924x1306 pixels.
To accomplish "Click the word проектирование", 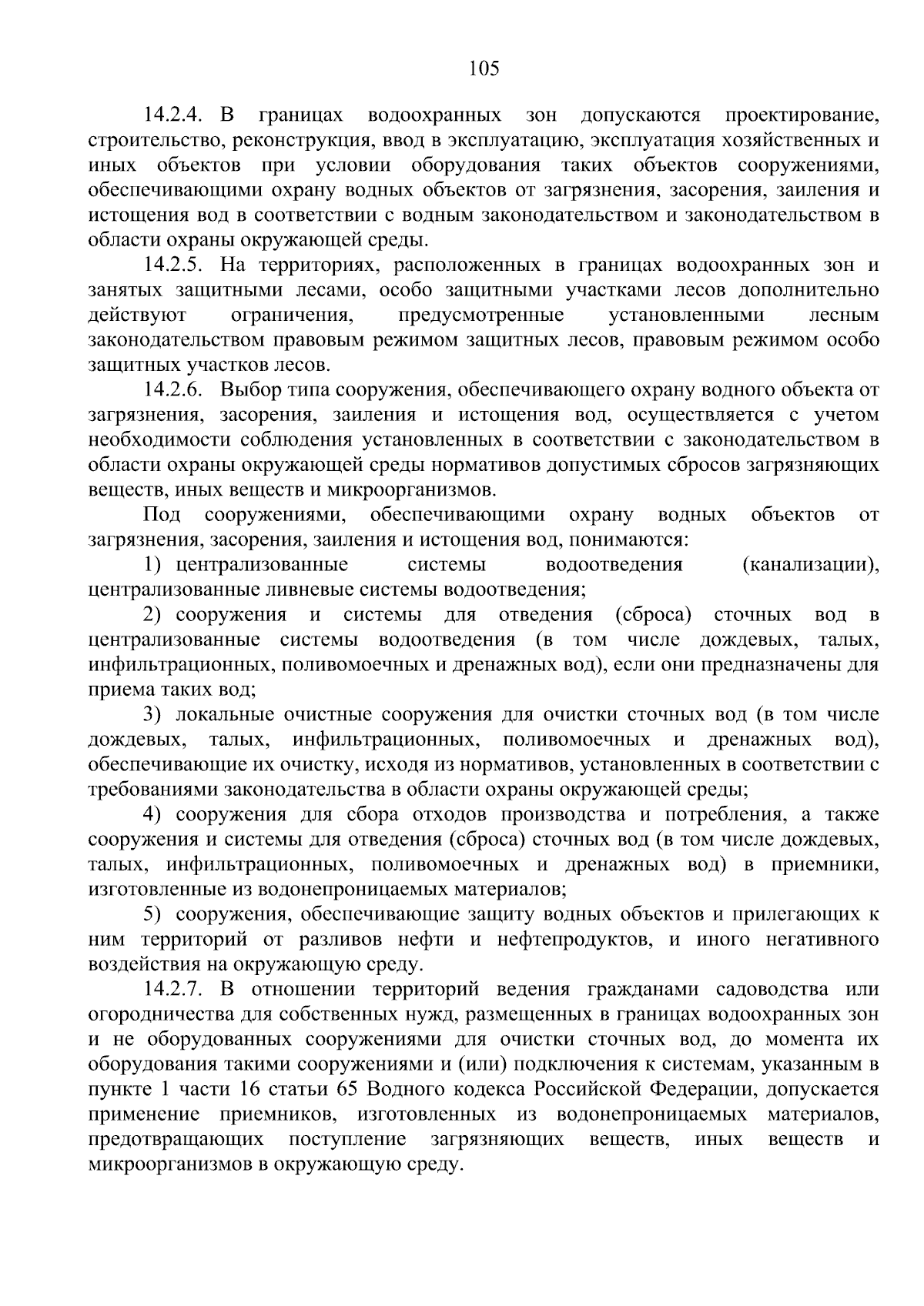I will click(x=801, y=116).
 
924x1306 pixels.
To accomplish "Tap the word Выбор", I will click(x=246, y=390).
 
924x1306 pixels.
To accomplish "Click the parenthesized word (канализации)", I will click(x=809, y=565).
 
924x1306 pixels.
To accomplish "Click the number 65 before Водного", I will click(x=348, y=1089).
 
